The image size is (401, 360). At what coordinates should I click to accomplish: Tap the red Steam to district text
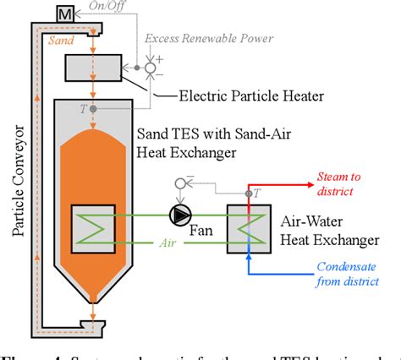(337, 182)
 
